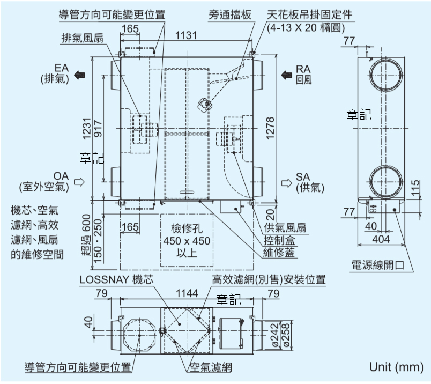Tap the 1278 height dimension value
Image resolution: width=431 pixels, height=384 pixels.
270,128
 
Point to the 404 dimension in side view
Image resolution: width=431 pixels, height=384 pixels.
381,239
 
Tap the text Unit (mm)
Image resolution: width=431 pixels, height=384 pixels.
396,367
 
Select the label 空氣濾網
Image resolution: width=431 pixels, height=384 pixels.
210,368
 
